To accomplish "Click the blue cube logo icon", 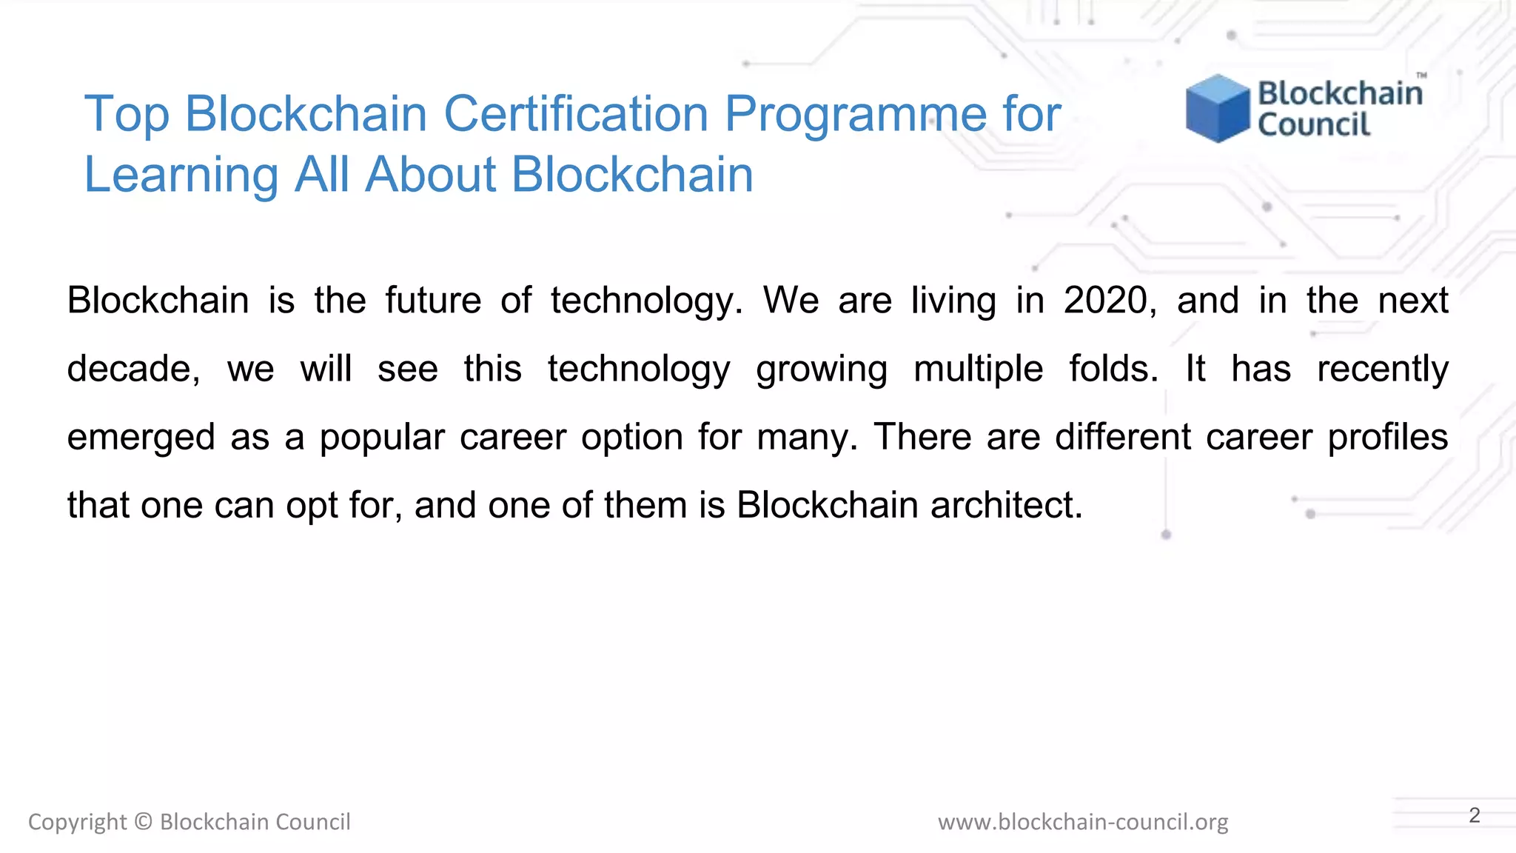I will [x=1217, y=108].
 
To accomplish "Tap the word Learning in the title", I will [x=181, y=175].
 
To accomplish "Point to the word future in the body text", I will [x=433, y=301].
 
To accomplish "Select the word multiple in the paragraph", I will [x=978, y=369].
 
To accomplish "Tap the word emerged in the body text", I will [x=141, y=437].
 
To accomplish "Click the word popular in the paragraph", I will [x=381, y=437].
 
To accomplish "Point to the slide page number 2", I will [x=1474, y=815].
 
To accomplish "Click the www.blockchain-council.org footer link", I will [x=1082, y=822].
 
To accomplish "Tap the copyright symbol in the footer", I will [x=144, y=822].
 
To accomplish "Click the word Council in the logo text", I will [x=1313, y=125].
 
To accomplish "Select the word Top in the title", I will [x=127, y=114].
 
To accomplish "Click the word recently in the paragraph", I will [x=1382, y=369].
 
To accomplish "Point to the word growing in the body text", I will [x=821, y=369].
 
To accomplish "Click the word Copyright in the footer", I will [x=77, y=822].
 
